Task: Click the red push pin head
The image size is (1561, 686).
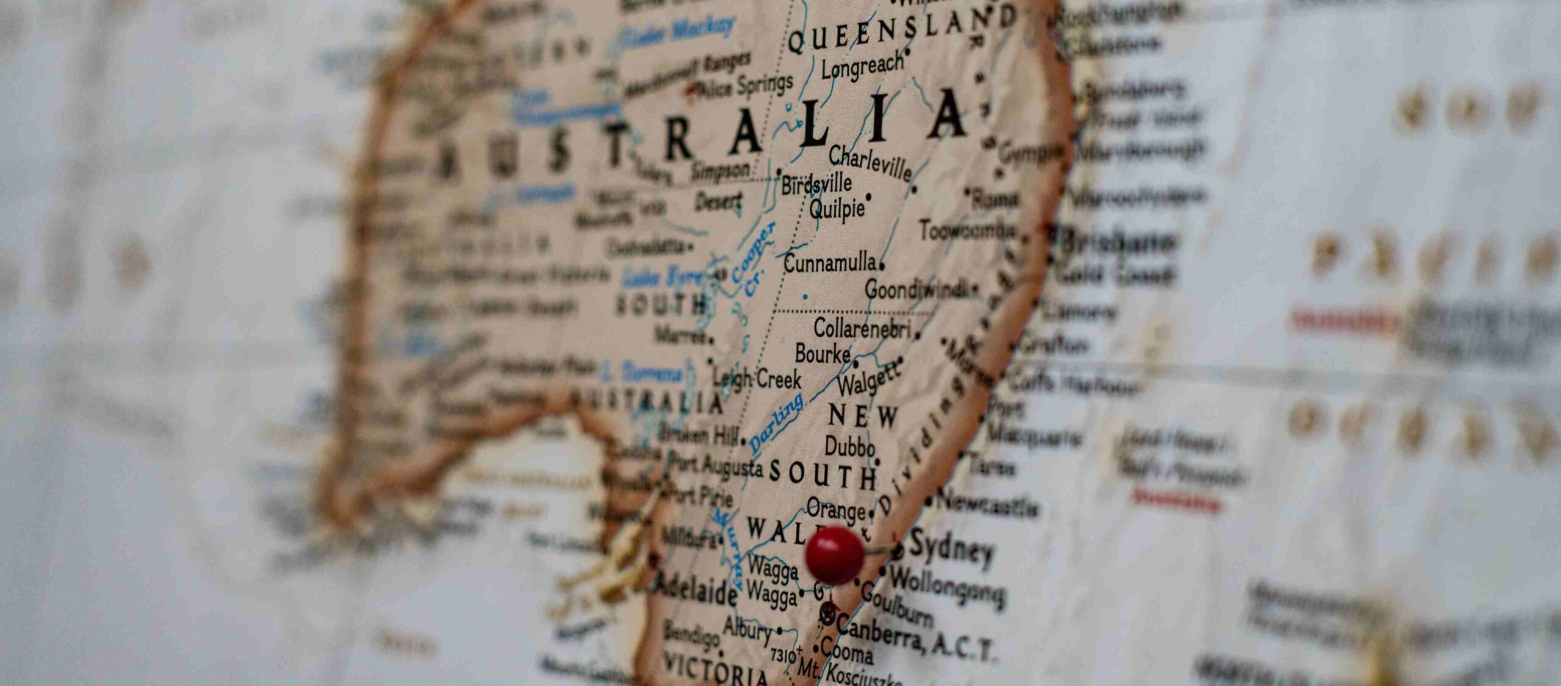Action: pos(834,555)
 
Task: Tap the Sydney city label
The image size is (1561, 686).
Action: pos(951,549)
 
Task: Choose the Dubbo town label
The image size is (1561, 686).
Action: pos(849,447)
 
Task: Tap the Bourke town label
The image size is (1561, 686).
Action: pos(823,353)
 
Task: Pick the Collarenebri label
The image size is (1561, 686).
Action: pos(862,329)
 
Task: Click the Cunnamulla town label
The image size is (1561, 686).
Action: pos(830,264)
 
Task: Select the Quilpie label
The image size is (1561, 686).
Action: pos(837,209)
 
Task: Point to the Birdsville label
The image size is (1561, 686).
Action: pos(816,183)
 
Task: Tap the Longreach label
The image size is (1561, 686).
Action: pos(861,65)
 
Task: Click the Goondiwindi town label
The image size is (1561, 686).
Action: pos(918,290)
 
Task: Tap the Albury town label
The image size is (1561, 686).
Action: pos(748,629)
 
